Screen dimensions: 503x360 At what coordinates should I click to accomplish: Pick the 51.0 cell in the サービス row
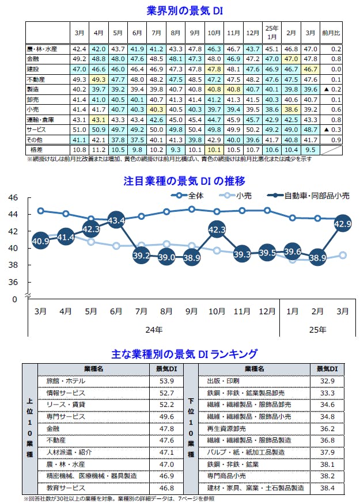point(79,131)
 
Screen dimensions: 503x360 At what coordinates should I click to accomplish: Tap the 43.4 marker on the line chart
point(116,219)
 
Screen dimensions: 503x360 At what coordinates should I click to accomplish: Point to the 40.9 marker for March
point(40,241)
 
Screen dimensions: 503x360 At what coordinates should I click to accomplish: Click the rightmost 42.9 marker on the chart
point(342,224)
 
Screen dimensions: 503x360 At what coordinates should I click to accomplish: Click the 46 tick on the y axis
point(12,197)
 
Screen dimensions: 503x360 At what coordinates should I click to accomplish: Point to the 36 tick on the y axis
point(12,283)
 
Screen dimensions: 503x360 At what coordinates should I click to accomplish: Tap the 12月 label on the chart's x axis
point(267,312)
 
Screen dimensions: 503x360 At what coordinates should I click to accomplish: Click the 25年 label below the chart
point(317,330)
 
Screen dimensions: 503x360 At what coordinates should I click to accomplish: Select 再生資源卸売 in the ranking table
point(227,429)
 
